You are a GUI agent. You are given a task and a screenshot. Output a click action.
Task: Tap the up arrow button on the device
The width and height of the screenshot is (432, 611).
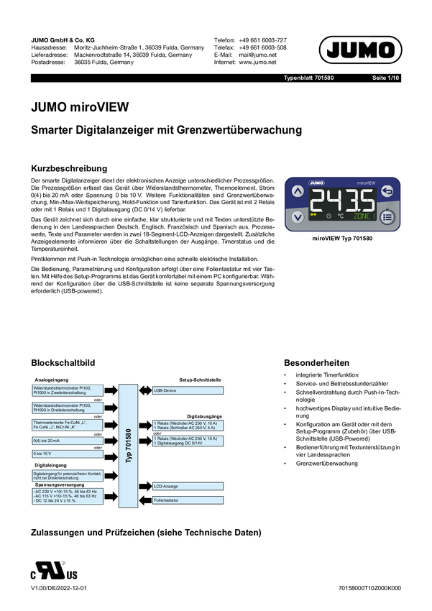click(298, 192)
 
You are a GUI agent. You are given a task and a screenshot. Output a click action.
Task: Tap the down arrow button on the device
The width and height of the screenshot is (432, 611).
click(298, 216)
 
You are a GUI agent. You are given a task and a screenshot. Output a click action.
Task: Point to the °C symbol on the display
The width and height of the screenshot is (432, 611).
click(340, 215)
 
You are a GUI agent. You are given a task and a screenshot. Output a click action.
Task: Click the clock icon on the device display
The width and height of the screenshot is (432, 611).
click(328, 215)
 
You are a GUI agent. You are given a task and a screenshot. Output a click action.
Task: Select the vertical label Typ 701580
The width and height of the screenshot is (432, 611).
click(128, 446)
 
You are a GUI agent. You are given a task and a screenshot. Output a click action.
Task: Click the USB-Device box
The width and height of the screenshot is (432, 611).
click(188, 390)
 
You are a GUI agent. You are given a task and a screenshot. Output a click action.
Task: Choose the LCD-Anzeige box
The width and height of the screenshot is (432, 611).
click(188, 487)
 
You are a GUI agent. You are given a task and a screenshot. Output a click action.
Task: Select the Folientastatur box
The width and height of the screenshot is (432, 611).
click(188, 500)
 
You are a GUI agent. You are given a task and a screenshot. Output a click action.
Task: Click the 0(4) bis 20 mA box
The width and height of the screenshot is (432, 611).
click(68, 441)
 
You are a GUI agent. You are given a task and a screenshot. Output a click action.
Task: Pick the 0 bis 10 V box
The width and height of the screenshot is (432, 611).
click(68, 454)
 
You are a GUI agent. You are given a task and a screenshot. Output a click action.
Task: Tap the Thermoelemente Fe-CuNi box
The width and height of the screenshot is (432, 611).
click(68, 425)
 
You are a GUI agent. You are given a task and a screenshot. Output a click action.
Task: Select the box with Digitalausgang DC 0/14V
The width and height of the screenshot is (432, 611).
click(188, 441)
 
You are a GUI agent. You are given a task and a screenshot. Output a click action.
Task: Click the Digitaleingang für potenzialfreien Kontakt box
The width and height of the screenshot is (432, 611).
click(68, 476)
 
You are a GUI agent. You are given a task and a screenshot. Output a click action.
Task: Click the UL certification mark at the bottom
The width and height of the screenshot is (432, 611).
click(54, 572)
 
